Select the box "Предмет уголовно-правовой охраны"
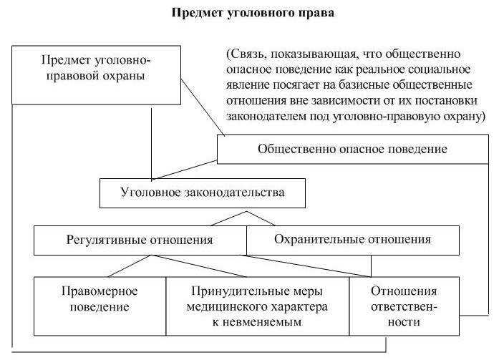96,67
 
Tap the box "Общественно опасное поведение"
352,150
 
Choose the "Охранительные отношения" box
342,240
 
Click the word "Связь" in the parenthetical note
246,55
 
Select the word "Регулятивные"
104,240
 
